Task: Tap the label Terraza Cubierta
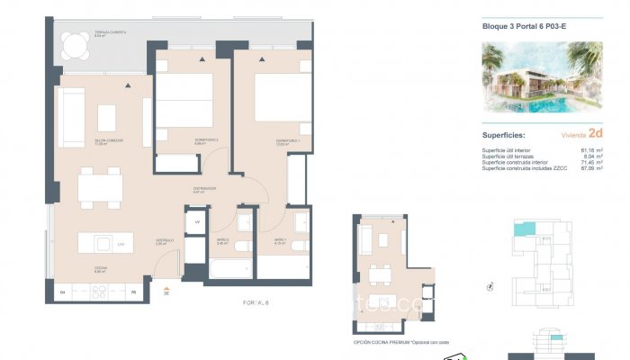pos(110,33)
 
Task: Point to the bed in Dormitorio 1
pos(283,98)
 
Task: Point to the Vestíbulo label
pos(164,240)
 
